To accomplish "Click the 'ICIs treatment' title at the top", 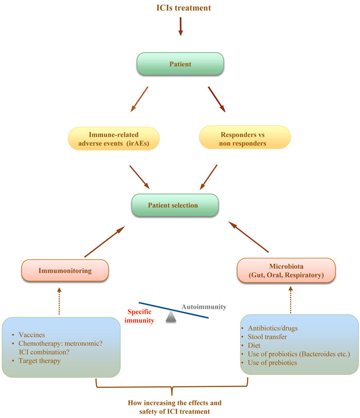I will click(x=180, y=8).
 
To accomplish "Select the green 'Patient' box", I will click(x=180, y=65).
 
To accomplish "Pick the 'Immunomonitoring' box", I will click(x=65, y=270).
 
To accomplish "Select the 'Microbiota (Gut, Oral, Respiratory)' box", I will click(x=286, y=271).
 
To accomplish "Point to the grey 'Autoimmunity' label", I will click(x=204, y=307).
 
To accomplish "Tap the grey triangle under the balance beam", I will click(x=172, y=319).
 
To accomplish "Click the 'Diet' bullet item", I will click(x=256, y=347).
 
